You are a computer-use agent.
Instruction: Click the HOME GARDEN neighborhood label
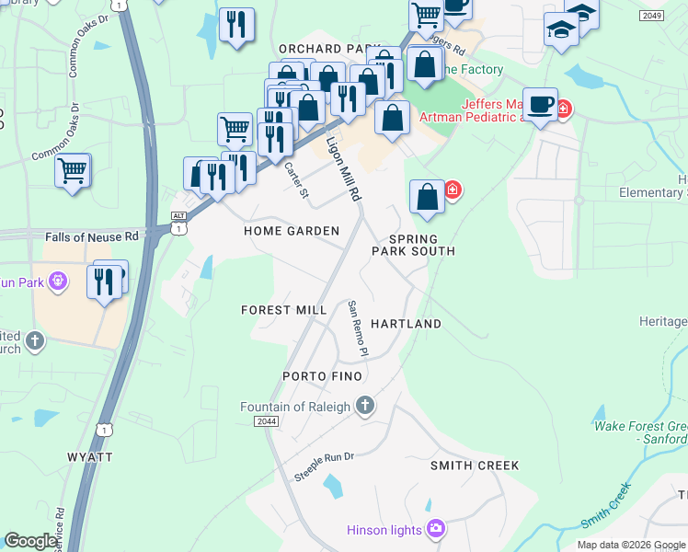[x=292, y=231]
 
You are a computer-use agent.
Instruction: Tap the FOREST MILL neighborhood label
[x=284, y=310]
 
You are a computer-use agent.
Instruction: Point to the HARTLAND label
[x=406, y=324]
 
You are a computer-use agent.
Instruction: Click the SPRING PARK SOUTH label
[x=413, y=245]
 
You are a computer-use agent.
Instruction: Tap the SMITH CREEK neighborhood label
[x=475, y=466]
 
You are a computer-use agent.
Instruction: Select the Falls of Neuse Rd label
[x=92, y=236]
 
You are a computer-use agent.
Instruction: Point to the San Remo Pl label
[x=357, y=328]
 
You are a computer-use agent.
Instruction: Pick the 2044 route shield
[x=266, y=420]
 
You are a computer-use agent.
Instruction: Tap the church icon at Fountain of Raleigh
[x=365, y=406]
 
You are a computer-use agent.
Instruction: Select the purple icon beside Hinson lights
[x=436, y=529]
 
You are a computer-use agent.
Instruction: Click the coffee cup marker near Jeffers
[x=540, y=102]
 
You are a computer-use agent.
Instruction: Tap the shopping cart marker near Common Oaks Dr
[x=72, y=170]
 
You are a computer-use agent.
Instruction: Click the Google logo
[x=30, y=541]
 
